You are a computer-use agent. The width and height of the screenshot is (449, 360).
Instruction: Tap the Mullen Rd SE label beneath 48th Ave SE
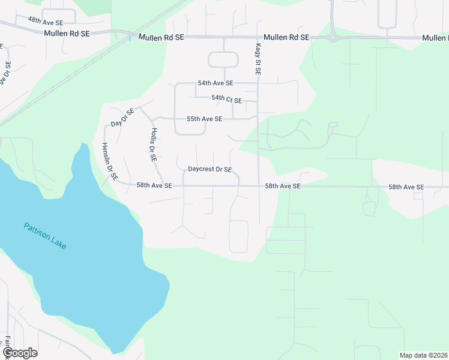[x=67, y=34]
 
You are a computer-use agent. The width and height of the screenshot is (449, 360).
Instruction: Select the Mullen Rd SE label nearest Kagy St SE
[x=286, y=37]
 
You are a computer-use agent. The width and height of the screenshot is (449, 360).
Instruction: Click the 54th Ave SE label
[x=215, y=83]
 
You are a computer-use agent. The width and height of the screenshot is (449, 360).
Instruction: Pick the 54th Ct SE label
[x=226, y=99]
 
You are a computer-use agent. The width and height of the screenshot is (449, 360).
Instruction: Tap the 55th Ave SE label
[x=205, y=119]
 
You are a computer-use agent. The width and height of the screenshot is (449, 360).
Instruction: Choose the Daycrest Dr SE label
[x=210, y=170]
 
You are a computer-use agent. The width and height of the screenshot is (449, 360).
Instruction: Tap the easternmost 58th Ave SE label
[x=406, y=187]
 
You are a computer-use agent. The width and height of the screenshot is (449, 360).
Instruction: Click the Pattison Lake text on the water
[x=47, y=236]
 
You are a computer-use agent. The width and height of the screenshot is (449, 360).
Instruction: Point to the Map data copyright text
[x=423, y=355]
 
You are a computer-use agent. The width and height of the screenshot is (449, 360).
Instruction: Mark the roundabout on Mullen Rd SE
[x=332, y=37]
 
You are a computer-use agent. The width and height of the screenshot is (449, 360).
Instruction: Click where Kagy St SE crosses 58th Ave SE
[x=259, y=186]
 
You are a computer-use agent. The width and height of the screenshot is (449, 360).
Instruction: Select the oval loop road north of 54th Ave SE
[x=223, y=59]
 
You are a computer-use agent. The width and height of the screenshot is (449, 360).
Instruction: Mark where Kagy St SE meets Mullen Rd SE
[x=258, y=37]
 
